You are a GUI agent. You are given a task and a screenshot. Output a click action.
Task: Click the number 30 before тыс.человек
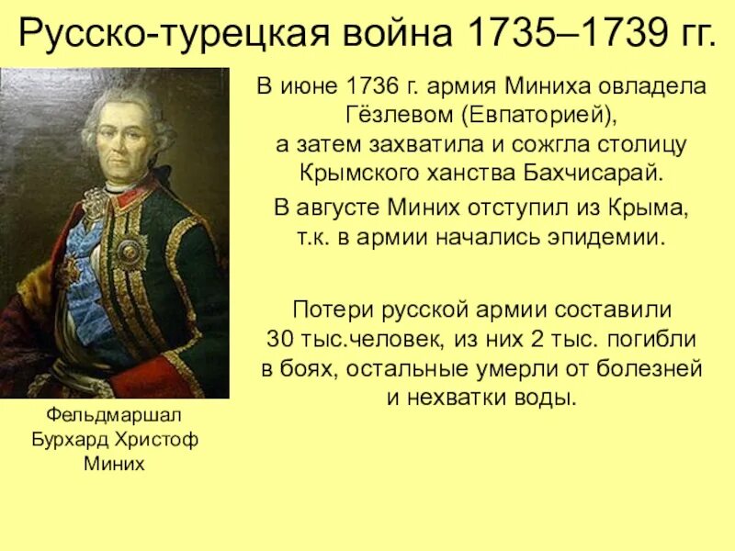coord(278,337)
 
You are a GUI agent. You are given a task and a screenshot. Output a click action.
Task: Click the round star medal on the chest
coord(130,247)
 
